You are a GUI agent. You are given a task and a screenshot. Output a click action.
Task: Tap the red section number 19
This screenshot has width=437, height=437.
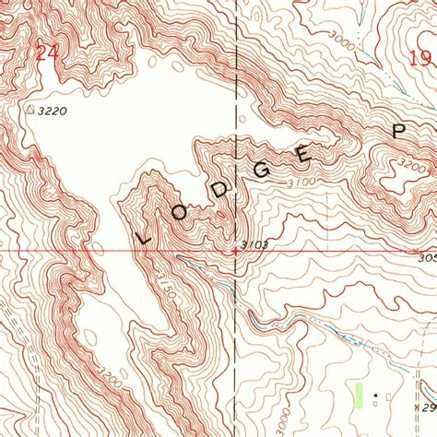click(x=420, y=57)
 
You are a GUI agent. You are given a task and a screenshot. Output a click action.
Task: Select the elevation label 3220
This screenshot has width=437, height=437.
click(x=54, y=110)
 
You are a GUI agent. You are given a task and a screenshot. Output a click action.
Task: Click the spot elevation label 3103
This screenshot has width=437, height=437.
click(x=254, y=244)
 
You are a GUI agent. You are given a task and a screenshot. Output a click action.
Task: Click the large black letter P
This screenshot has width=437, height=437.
click(x=398, y=131)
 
